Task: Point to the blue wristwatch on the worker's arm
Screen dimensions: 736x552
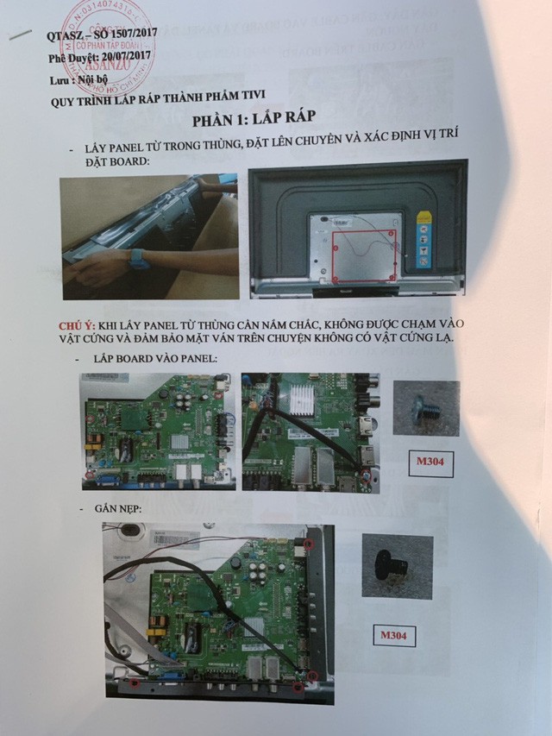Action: click(135, 258)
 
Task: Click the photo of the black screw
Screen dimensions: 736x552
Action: click(397, 567)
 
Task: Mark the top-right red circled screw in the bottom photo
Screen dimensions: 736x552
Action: click(308, 546)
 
